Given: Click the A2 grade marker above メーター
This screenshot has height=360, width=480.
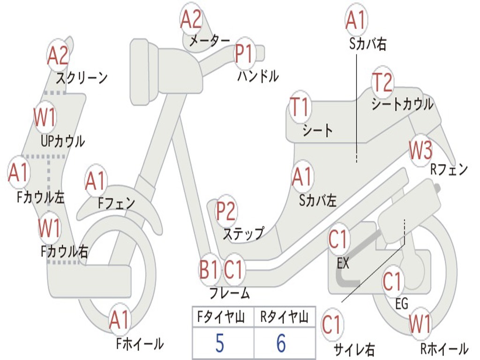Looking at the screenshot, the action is pos(191,20).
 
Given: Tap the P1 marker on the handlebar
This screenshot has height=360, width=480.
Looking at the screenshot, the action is pos(244,53).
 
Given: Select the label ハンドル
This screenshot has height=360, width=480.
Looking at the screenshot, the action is pos(258,75).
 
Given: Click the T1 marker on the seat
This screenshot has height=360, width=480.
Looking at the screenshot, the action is pos(300,107).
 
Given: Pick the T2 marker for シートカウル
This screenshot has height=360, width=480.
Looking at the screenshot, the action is pos(382,82).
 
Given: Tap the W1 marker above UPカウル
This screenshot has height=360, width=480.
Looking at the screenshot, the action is pos(45,117).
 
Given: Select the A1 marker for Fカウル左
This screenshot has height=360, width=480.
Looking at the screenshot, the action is pos(19,173).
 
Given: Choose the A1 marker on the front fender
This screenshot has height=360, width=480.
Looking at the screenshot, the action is pos(96,181).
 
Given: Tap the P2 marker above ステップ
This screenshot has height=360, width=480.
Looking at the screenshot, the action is pos(226,211).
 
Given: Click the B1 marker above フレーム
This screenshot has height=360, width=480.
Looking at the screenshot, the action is pos(209,270).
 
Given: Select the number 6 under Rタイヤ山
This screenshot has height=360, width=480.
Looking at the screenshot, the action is pos(281,344).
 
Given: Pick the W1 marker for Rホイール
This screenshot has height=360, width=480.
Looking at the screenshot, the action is pos(420,324).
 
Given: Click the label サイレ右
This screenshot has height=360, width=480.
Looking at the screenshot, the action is pos(354,349).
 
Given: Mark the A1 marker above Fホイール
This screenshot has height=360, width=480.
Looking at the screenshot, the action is pos(120,320).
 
